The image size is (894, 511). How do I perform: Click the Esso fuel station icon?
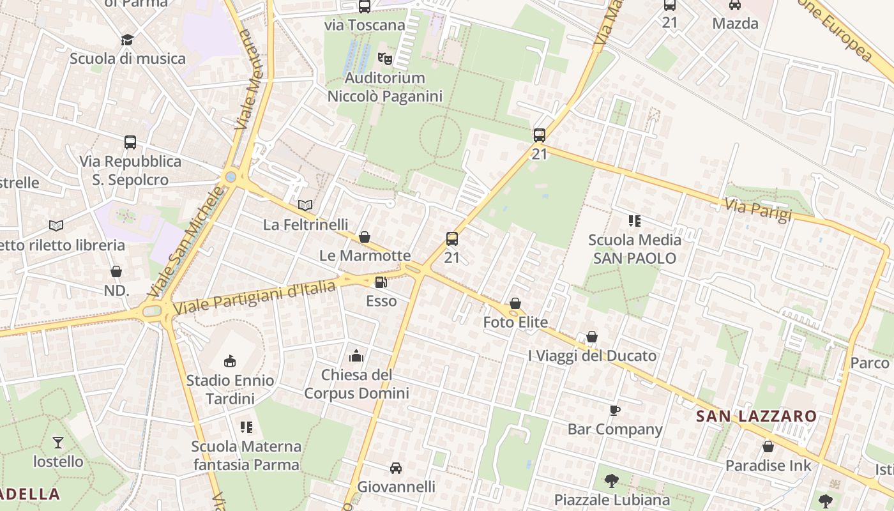[381, 282]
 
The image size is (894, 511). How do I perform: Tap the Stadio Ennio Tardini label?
[230, 390]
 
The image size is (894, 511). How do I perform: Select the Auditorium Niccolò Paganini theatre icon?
[384, 59]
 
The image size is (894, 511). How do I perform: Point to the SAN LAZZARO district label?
[756, 416]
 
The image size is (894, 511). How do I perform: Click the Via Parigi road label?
[758, 209]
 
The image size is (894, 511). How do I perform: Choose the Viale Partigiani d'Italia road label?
[254, 298]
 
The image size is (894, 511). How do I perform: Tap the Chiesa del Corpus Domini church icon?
[356, 356]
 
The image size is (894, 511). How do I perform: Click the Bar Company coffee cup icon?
[615, 410]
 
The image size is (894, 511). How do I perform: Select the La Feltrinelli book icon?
[305, 205]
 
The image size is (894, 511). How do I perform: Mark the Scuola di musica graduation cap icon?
[127, 40]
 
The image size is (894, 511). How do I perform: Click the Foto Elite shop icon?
[515, 303]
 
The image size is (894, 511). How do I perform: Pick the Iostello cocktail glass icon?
[58, 442]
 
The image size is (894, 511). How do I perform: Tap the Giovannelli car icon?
[396, 468]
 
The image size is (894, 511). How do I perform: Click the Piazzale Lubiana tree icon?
[612, 480]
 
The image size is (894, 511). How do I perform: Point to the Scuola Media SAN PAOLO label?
[634, 249]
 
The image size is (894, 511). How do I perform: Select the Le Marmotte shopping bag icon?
[365, 237]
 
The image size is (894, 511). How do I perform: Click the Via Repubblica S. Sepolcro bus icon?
[130, 142]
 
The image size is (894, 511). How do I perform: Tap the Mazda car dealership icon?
[735, 5]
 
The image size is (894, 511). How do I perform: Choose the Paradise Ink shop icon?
[768, 446]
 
